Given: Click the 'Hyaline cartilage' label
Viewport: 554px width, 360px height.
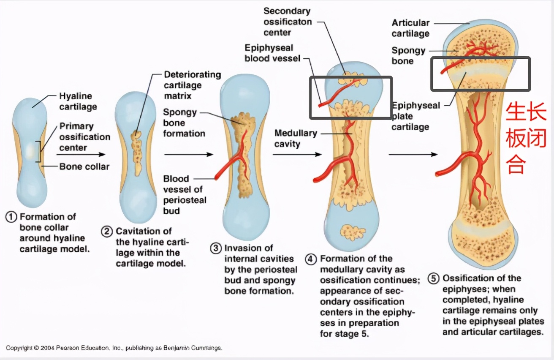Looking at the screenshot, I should pyautogui.click(x=78, y=101).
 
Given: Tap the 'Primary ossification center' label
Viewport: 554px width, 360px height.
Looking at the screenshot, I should pyautogui.click(x=84, y=137).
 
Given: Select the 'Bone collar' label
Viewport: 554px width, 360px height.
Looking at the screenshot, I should pyautogui.click(x=84, y=166).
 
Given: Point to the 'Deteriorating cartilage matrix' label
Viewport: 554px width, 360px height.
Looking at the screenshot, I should pyautogui.click(x=192, y=85).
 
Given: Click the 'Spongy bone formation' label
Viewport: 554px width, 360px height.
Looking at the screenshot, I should pyautogui.click(x=184, y=123).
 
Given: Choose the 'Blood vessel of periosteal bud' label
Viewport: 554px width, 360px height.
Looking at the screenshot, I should pyautogui.click(x=185, y=195).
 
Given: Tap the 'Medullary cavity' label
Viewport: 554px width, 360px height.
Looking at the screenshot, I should pyautogui.click(x=295, y=139).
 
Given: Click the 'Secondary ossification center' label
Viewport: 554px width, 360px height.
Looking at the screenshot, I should pyautogui.click(x=287, y=22).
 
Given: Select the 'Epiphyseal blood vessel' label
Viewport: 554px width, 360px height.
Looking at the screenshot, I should pyautogui.click(x=272, y=53).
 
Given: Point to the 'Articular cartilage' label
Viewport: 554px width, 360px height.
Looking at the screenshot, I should pyautogui.click(x=410, y=28).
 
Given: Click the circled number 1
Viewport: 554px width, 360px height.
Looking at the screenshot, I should pyautogui.click(x=11, y=217).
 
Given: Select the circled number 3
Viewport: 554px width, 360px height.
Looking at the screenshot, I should pyautogui.click(x=216, y=248).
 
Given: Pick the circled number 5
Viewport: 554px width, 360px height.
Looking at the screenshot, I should pyautogui.click(x=434, y=278).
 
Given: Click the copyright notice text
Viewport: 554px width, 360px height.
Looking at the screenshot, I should pyautogui.click(x=114, y=348).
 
